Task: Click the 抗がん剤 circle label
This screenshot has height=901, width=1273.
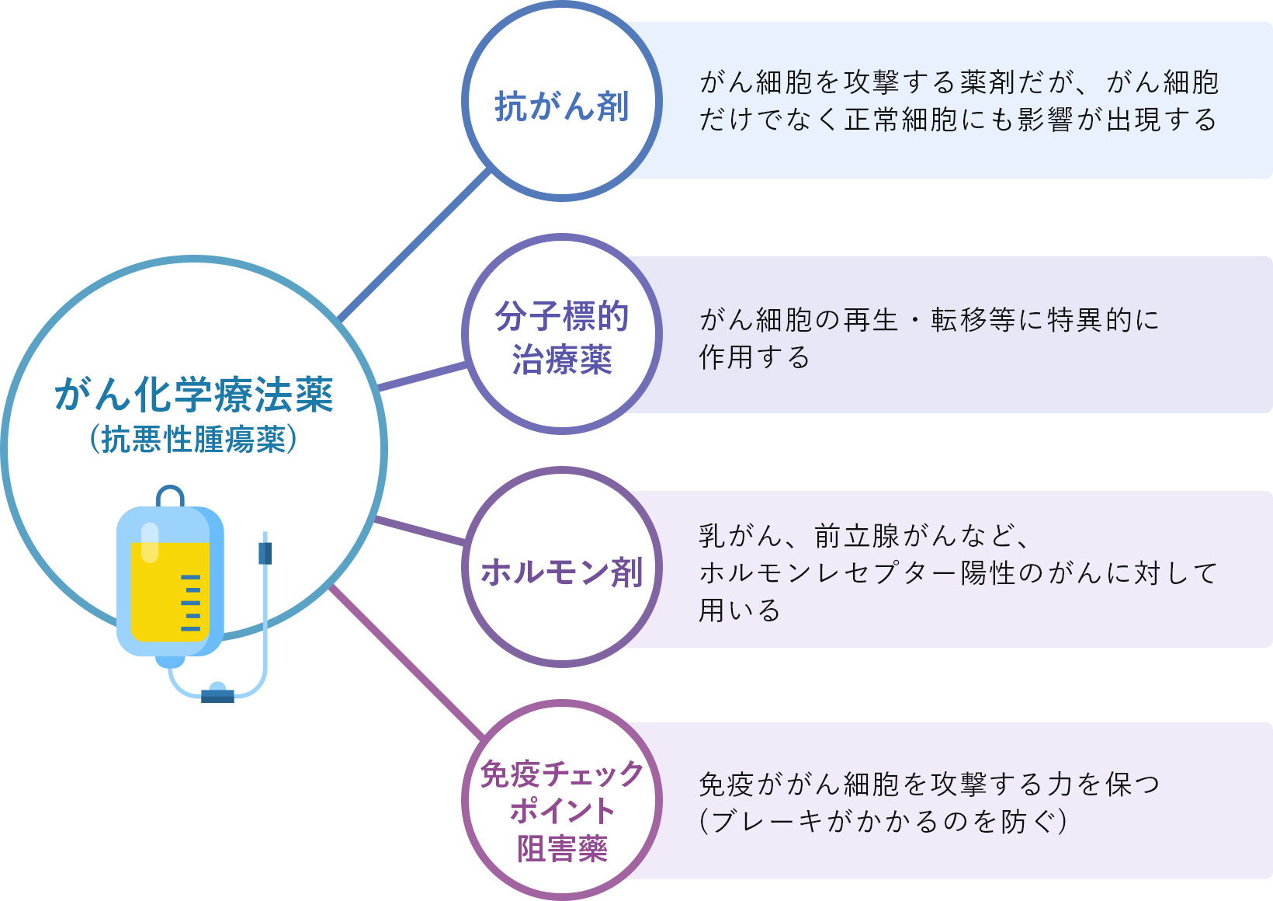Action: point(562,106)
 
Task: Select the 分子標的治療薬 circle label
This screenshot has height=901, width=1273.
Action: point(562,338)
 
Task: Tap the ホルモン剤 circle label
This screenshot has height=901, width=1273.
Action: point(562,572)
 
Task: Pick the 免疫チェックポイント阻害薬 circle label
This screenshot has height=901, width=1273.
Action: point(562,810)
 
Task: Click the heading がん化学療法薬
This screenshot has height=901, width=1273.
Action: point(194,395)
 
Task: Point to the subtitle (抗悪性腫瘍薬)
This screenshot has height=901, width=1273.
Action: point(194,440)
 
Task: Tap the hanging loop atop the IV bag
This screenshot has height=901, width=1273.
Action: point(170,495)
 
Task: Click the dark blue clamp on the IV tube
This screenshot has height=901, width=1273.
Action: point(265,553)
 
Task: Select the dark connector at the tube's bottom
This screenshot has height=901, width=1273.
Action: point(217,696)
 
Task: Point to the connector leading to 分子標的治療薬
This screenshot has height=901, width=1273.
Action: point(421,376)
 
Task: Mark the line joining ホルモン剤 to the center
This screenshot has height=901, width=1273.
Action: point(420,530)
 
